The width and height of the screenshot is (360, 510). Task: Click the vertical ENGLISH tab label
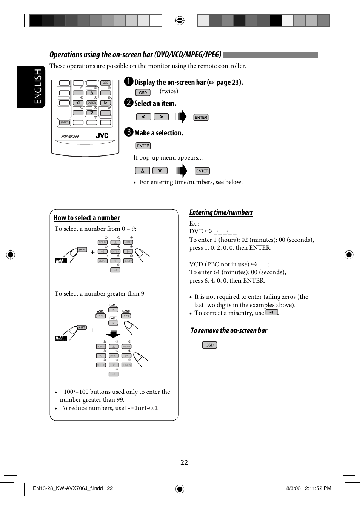[x=38, y=86]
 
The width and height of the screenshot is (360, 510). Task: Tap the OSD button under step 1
[x=143, y=92]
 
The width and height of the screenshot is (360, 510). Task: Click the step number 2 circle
[x=129, y=103]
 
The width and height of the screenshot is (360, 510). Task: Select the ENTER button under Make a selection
[x=143, y=146]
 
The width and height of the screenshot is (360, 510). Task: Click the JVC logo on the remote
[x=102, y=136]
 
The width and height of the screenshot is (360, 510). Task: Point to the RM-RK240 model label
[x=70, y=137]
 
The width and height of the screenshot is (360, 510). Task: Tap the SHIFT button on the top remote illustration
[x=64, y=123]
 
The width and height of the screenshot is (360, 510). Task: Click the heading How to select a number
[x=86, y=218]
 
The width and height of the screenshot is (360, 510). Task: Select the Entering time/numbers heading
[x=221, y=212]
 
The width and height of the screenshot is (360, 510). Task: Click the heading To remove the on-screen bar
[x=229, y=331]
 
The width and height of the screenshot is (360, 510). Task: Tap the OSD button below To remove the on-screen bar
[x=209, y=345]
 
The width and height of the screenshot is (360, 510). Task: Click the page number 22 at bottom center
[x=184, y=462]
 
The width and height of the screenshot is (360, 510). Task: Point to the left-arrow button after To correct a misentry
[x=271, y=313]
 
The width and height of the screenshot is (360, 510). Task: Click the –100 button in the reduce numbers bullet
[x=151, y=408]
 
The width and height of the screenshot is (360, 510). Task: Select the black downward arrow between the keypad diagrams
[x=113, y=334]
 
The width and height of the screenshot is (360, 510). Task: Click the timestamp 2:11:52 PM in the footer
[x=318, y=488]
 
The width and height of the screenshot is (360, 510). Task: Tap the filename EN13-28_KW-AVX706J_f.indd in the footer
[x=68, y=488]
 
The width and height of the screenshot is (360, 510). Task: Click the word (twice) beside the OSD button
[x=169, y=91]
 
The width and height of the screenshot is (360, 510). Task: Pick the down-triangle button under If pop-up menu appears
[x=160, y=171]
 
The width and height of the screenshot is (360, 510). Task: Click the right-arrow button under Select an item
[x=161, y=117]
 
